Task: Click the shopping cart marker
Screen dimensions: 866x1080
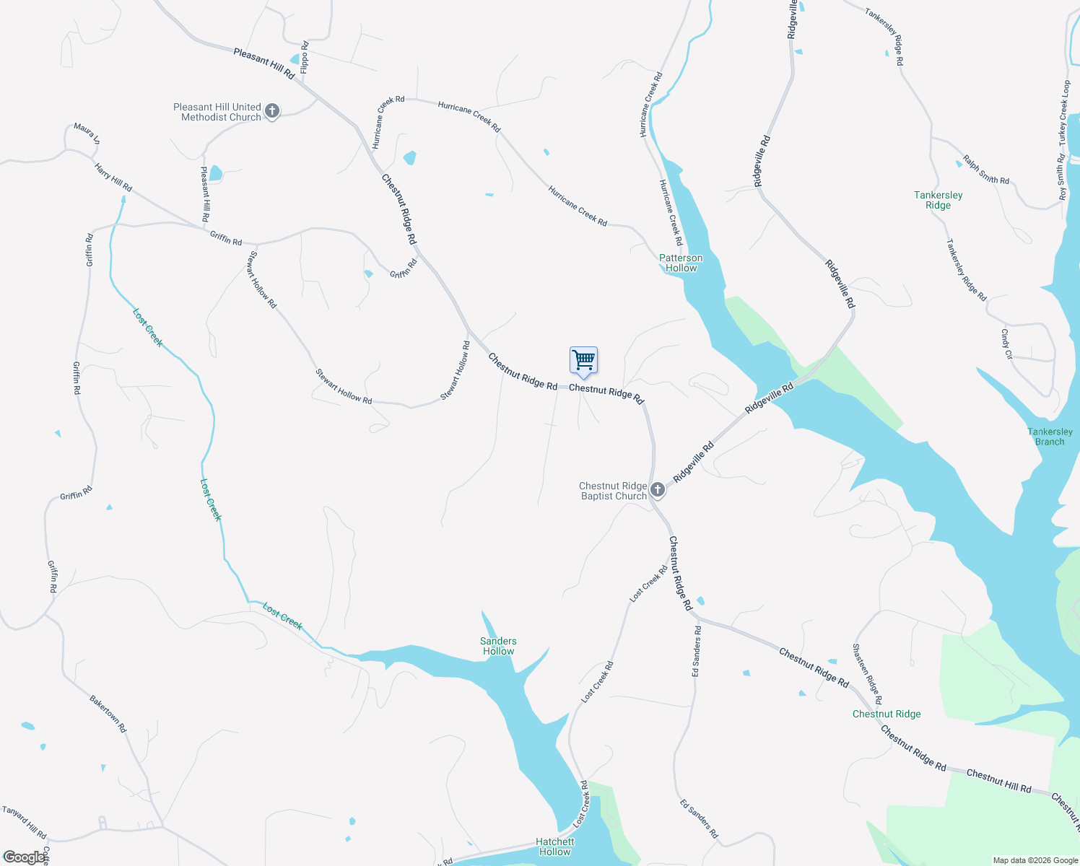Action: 583,360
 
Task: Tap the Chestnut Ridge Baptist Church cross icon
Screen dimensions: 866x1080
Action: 657,490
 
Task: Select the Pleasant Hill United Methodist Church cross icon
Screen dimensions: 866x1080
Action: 271,111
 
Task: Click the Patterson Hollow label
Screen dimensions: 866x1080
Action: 681,263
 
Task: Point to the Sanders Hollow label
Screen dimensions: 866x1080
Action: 498,646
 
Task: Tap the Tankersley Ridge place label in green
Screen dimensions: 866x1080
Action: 938,200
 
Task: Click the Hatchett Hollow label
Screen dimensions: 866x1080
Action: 554,847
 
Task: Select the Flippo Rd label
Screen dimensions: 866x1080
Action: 305,58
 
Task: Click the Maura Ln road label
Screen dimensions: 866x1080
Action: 87,134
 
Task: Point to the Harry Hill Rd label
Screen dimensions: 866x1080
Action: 113,178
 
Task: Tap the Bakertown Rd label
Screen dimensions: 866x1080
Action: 108,714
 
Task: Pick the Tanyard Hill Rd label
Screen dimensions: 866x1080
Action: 25,822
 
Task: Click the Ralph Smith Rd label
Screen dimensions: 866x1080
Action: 985,170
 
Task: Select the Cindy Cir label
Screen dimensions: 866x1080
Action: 1006,344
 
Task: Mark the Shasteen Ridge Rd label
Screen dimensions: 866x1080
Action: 866,673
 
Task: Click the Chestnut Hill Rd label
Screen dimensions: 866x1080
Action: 998,781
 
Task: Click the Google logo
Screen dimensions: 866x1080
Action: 25,857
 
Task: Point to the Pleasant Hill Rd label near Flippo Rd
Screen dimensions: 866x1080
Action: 264,63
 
